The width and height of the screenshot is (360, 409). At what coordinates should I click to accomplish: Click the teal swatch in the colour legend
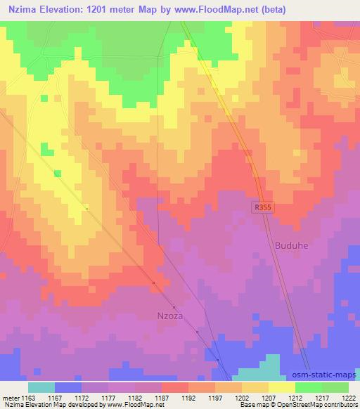click(x=41, y=387)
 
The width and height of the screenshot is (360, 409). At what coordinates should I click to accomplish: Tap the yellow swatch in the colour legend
click(x=282, y=387)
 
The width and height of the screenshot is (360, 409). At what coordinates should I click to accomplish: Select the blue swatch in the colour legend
click(x=68, y=387)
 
